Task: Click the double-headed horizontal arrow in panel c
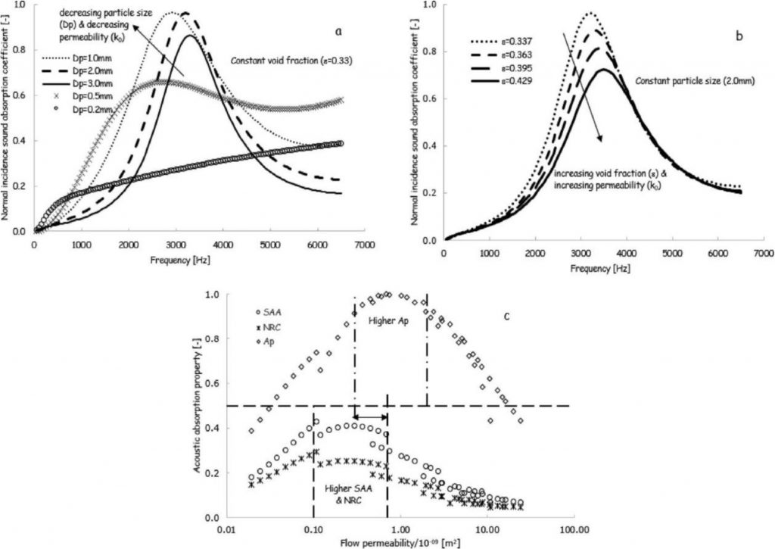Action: pos(371,417)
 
